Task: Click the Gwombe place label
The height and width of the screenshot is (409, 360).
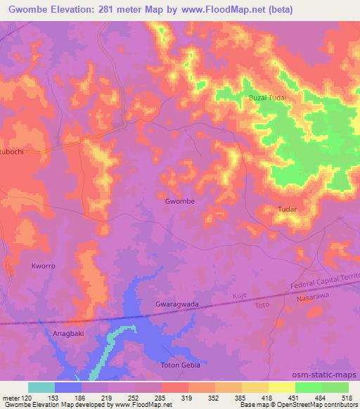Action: tap(179, 201)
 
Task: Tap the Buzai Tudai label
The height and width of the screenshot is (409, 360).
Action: tap(267, 99)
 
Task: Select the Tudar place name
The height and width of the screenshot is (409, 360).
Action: tap(288, 209)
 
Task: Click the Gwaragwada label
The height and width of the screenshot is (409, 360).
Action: tap(176, 304)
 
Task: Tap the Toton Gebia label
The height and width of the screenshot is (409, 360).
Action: tap(181, 365)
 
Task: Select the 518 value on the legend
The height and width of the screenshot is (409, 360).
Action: tap(349, 398)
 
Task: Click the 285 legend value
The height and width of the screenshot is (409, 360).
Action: tap(162, 398)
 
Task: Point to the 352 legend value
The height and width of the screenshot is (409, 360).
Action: tap(216, 398)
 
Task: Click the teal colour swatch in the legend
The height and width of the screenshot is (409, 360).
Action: tap(41, 387)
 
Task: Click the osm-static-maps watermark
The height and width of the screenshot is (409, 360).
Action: tap(330, 376)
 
